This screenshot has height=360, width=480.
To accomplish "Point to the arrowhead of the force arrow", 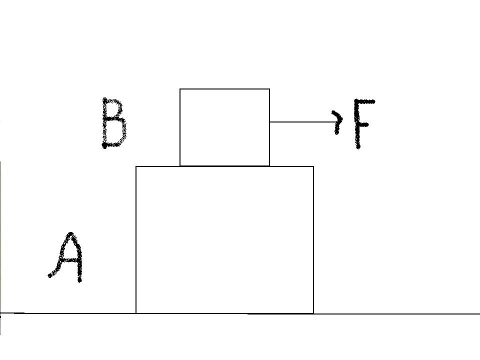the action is point(338,122).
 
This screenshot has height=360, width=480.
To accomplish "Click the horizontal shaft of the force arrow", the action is point(303,122).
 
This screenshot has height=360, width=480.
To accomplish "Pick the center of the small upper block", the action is point(224,127).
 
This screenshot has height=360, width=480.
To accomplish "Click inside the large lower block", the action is point(224,240).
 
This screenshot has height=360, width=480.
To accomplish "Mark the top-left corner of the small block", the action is point(179,89).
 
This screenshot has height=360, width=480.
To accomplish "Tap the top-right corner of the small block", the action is point(269,89).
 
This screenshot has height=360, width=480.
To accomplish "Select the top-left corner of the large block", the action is point(136,166).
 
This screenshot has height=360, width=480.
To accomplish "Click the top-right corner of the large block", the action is point(313,166).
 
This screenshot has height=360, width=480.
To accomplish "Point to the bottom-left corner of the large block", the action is point(136,313).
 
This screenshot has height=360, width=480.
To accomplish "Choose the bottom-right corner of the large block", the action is point(313,313).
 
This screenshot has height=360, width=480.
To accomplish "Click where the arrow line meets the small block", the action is point(269,122).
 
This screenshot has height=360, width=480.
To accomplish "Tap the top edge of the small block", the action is point(224,89).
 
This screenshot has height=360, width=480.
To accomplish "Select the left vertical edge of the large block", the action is point(136,240).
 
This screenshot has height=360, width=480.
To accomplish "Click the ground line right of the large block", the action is point(396,314).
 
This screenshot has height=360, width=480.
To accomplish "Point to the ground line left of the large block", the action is point(68,313).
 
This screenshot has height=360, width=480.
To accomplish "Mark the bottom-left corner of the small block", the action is point(179,166).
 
